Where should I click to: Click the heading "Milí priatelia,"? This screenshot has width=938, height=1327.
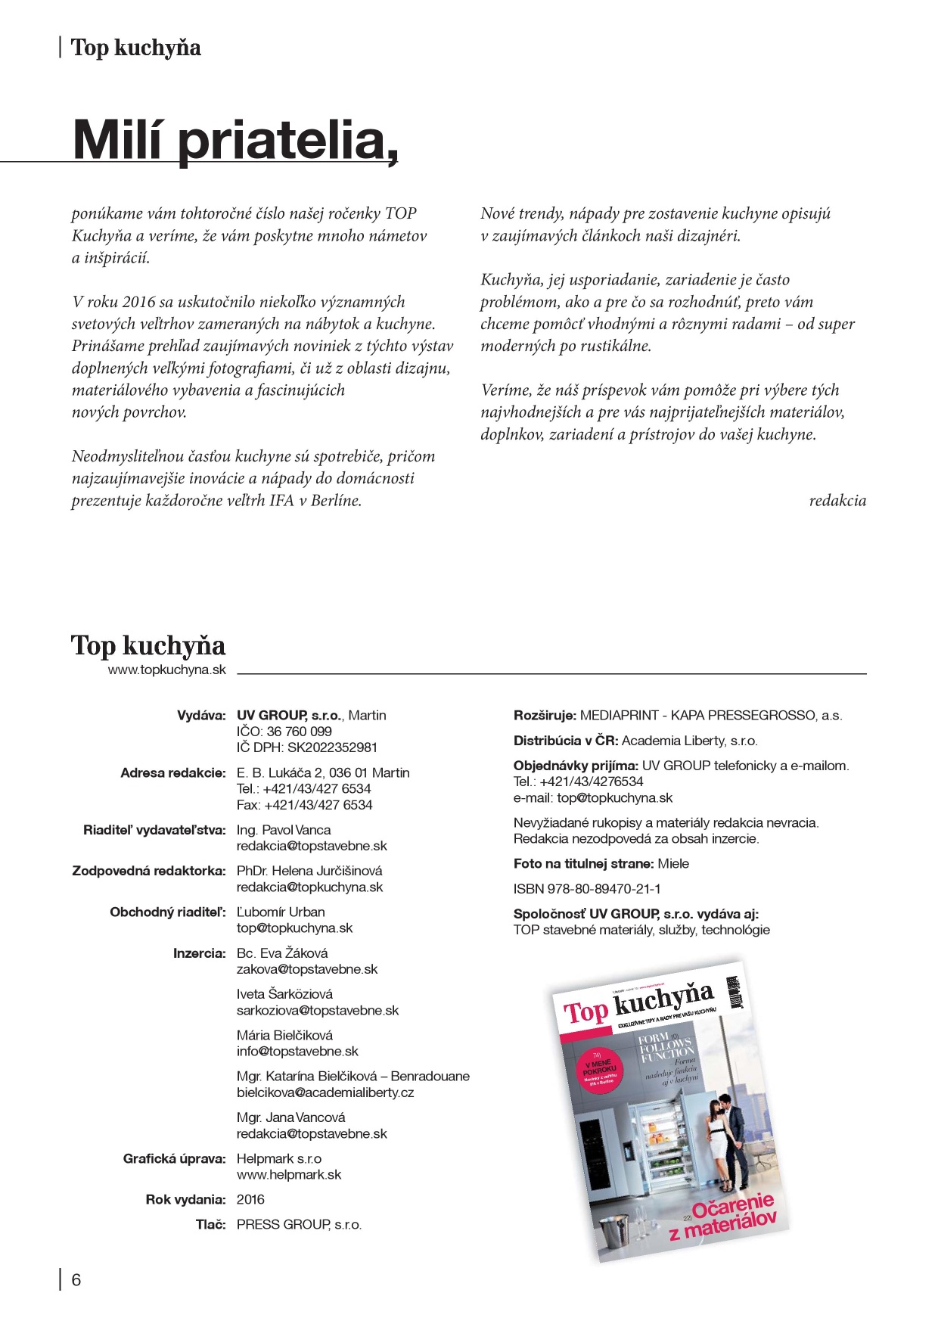pos(235,139)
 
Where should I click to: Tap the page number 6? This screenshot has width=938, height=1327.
pos(76,1280)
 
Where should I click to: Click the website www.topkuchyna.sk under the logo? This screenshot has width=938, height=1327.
pos(166,670)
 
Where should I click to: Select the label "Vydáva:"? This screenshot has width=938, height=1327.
pos(201,715)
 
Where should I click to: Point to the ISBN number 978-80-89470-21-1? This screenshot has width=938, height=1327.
pos(587,888)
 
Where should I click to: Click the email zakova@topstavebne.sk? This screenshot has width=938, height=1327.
pos(306,969)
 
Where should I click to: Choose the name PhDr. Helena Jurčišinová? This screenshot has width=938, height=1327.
pos(309,871)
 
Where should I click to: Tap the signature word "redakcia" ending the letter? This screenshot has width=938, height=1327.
pos(837,501)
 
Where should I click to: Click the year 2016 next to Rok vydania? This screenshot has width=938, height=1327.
pos(250,1199)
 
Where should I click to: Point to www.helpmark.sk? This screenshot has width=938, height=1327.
pos(289,1175)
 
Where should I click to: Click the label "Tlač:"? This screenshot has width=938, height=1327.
pos(210,1224)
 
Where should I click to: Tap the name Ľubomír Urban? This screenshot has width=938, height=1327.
pos(281,912)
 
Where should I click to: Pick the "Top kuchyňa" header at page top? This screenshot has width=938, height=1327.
pos(135,48)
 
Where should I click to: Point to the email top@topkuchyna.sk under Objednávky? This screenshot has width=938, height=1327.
pos(593,797)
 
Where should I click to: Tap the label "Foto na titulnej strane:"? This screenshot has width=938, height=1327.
pos(584,863)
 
